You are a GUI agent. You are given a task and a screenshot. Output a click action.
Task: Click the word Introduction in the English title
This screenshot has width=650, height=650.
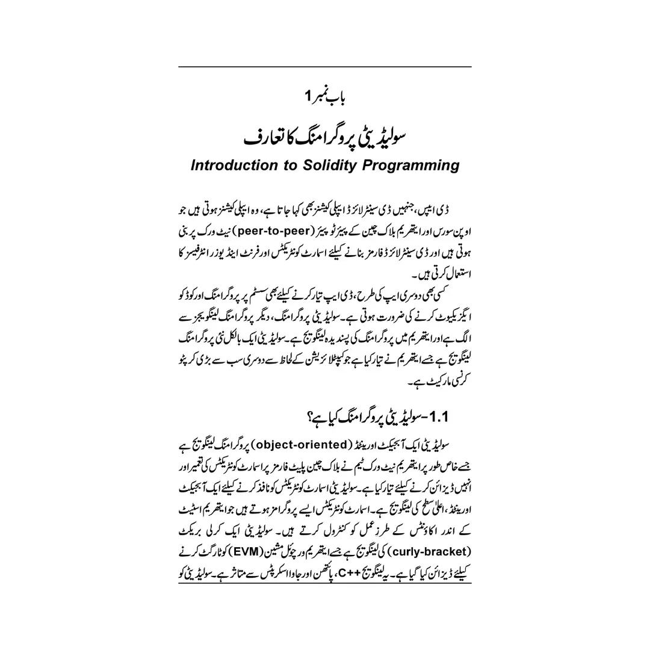(232, 165)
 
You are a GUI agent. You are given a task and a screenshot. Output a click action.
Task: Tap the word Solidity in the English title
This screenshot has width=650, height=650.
(330, 165)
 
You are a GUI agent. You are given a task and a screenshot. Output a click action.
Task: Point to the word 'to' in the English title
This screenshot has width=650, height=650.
(287, 165)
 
